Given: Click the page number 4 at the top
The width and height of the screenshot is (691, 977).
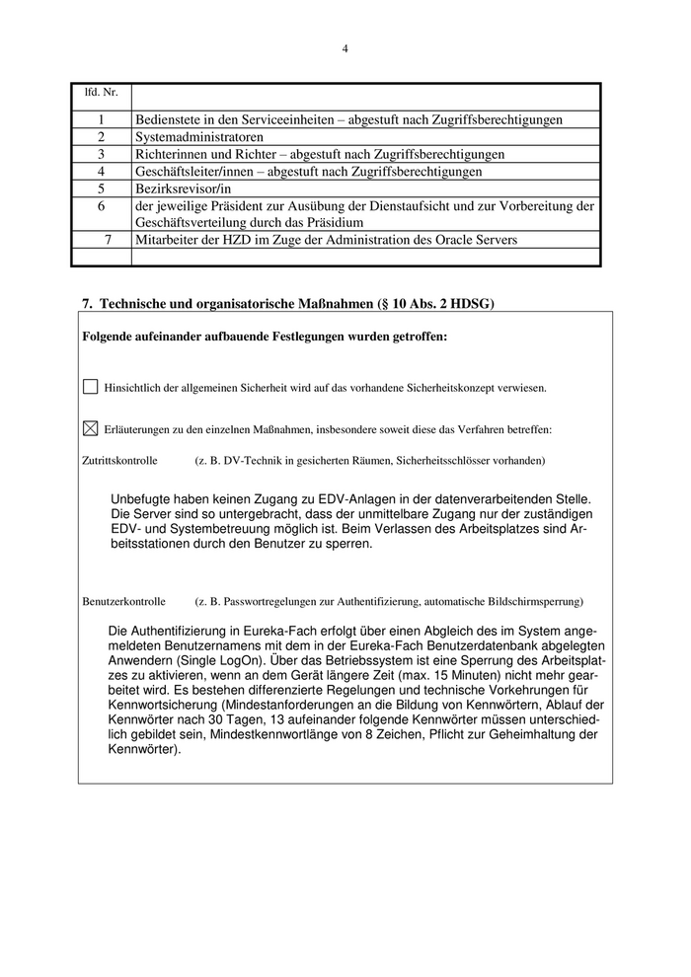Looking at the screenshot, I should (x=345, y=47).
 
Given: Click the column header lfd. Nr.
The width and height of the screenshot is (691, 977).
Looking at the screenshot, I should (x=101, y=93).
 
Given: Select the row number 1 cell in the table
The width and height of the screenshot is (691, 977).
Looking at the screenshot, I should (x=101, y=119).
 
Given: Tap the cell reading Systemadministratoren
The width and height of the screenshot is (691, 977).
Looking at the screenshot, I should (x=199, y=137).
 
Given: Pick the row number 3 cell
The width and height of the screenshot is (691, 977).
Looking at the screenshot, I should (x=101, y=154).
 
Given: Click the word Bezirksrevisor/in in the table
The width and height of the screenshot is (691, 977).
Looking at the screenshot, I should (x=183, y=188).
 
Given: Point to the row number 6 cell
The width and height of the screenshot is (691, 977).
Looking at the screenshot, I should (x=101, y=206).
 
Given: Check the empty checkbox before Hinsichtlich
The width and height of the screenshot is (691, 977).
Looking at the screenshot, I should (x=91, y=388).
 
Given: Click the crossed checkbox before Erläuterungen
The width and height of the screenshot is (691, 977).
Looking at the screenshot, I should (x=91, y=428).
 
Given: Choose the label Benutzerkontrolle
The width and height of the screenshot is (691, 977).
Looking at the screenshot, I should (x=123, y=601).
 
